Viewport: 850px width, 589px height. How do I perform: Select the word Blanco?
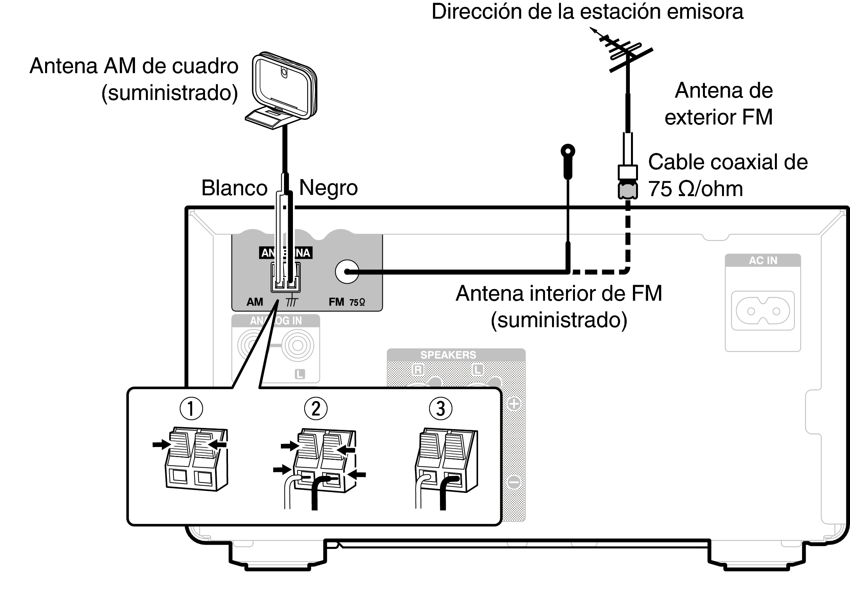234,188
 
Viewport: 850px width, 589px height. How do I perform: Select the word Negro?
328,188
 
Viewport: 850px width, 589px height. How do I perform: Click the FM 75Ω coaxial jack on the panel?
347,272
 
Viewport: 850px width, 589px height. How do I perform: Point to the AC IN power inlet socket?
763,311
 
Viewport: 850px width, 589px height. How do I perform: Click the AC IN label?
763,261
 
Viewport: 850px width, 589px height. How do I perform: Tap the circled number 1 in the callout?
191,409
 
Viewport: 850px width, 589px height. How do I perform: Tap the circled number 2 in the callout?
315,409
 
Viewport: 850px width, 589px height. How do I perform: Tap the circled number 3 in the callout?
440,409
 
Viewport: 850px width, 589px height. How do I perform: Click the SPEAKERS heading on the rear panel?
448,355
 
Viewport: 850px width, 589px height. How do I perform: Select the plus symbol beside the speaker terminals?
514,404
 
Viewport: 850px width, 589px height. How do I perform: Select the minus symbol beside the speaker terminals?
514,482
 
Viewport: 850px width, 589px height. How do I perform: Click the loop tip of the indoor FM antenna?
568,151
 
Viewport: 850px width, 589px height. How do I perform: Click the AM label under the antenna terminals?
255,302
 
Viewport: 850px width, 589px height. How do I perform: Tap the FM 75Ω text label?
347,302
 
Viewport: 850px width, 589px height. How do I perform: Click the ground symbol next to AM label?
291,302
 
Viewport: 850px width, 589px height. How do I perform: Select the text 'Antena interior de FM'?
559,293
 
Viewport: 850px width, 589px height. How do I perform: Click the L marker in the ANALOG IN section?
300,374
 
